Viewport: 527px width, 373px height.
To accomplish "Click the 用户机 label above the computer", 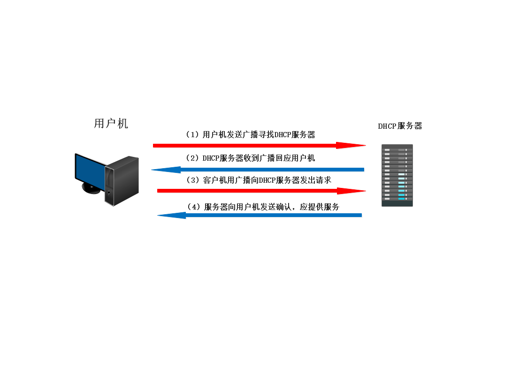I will click(x=111, y=124).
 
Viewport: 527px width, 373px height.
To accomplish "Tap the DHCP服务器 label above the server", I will click(x=400, y=126).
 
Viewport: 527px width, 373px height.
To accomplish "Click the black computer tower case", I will click(x=122, y=181).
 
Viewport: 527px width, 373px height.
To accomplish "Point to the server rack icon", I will click(x=397, y=176).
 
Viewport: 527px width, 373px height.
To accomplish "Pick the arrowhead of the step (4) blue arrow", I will click(x=172, y=215).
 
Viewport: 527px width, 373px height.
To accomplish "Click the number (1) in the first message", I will click(x=193, y=135).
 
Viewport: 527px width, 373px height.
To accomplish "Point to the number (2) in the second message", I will click(x=193, y=158).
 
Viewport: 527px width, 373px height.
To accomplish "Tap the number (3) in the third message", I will click(x=194, y=180).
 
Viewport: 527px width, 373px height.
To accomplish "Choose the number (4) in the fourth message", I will click(x=194, y=207).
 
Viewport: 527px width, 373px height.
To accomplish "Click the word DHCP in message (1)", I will click(x=283, y=135).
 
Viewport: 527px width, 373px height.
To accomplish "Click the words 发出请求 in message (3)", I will click(x=316, y=180).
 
